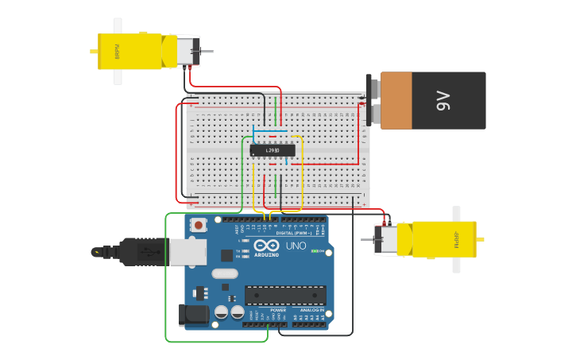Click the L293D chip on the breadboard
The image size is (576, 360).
click(x=273, y=150)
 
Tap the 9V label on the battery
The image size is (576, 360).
click(x=443, y=101)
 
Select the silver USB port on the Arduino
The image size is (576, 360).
click(x=187, y=252)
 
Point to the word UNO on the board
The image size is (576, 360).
click(x=296, y=246)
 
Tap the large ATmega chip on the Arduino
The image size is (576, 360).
click(x=284, y=296)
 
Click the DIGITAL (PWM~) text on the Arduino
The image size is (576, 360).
click(x=293, y=233)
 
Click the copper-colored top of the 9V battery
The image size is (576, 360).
click(x=396, y=100)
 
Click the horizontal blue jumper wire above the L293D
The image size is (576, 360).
click(x=270, y=130)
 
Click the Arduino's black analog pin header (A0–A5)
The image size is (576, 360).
click(x=309, y=323)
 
